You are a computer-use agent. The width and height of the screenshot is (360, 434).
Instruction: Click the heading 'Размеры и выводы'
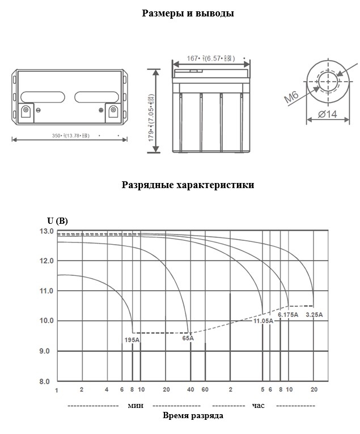click(188, 13)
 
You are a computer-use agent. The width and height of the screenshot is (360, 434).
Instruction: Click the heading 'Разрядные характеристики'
click(188, 185)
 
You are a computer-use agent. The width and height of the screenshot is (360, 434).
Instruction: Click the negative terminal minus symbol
click(38, 109)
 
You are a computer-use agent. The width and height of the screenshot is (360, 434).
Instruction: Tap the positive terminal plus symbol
click(101, 109)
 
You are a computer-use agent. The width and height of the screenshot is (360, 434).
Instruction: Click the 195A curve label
click(132, 340)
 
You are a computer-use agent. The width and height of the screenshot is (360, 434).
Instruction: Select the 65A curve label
click(188, 338)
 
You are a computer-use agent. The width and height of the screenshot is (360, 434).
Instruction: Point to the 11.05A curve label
click(263, 321)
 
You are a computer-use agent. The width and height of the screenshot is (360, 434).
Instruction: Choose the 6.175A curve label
click(287, 314)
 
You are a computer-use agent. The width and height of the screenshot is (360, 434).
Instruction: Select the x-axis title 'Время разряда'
click(193, 416)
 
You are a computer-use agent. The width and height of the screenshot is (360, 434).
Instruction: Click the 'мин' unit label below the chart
click(135, 406)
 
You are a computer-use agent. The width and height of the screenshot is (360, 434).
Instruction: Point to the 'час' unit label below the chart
click(259, 406)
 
